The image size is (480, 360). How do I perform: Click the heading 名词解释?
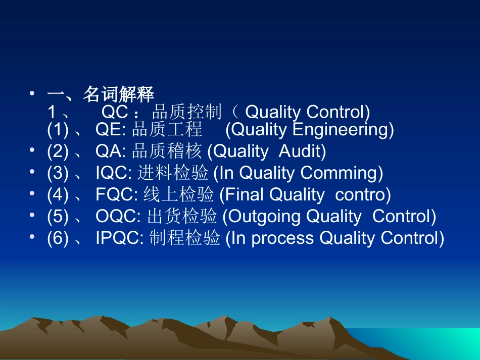118,94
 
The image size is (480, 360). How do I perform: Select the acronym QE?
109,129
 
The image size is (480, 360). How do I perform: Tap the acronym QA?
109,151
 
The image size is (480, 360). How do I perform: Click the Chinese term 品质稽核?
167,151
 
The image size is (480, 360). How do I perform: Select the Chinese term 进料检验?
172,173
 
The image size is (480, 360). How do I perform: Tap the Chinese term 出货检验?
182,216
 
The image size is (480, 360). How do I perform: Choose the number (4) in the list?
58,195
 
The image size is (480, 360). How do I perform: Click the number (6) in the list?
58,238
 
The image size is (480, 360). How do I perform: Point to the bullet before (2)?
32,150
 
